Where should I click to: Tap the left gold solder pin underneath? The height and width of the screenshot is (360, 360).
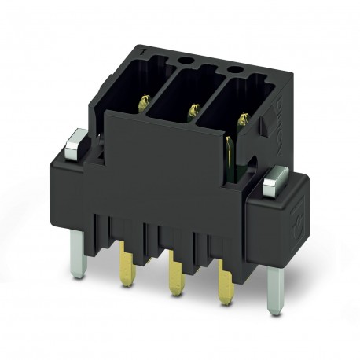pos(125,256)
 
